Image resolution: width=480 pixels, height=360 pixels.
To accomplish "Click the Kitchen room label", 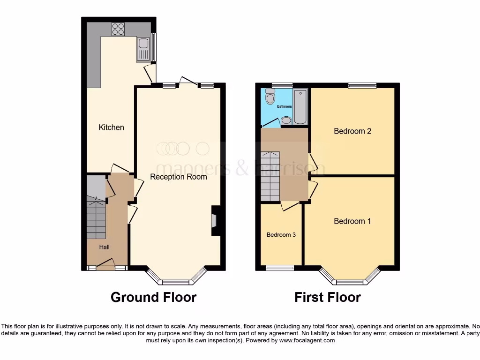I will click(x=111, y=127).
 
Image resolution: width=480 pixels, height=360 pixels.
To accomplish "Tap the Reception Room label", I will click(x=178, y=177).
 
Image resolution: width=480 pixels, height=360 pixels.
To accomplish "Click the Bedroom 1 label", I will click(x=352, y=221).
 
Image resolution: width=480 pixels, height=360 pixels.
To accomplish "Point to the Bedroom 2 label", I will click(x=352, y=131).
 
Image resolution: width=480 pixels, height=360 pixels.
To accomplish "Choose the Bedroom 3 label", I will click(x=281, y=235).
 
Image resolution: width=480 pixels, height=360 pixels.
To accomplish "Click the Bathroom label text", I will click(x=284, y=106).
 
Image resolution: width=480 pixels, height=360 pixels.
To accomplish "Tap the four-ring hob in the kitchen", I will click(x=118, y=29).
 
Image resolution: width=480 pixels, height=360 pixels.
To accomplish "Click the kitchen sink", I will click(x=143, y=49).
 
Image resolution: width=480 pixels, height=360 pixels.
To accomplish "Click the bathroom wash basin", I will click(x=286, y=121).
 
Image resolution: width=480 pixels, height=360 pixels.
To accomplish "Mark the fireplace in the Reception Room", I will click(x=215, y=220).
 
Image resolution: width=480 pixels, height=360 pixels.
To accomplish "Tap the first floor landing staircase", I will click(x=270, y=176).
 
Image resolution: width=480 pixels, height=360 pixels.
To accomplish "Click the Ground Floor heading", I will click(x=153, y=297).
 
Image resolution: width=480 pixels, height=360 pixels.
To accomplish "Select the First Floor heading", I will click(x=327, y=297).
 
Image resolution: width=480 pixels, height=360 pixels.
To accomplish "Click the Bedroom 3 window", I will click(x=280, y=268).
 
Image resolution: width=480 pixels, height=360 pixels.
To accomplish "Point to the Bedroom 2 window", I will click(x=362, y=85).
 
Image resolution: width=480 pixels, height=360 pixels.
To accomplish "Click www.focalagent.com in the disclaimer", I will click(x=307, y=340).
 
